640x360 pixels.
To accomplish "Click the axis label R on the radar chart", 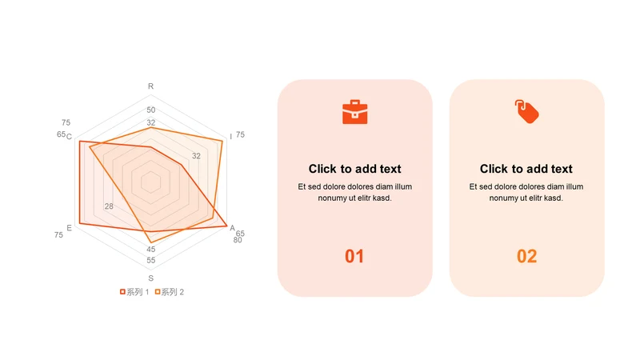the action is tap(150, 86).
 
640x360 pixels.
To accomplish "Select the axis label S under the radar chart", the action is tap(151, 278).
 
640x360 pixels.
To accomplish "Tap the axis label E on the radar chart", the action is tap(69, 228).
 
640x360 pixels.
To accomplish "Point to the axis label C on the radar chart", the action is tap(69, 136).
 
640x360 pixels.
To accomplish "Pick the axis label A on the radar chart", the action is tap(232, 228).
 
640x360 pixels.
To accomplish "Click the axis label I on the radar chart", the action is tap(230, 136).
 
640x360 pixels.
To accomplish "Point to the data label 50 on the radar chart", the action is tap(151, 110).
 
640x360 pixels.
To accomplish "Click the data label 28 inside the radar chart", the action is tap(109, 206).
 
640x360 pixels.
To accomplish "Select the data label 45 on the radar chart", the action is tap(151, 249).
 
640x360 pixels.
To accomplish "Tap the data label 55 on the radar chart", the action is tap(151, 260).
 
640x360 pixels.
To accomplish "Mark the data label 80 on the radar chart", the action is tap(238, 240).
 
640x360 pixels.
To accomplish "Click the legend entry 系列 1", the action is tap(134, 292).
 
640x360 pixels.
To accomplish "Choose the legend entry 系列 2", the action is tap(170, 292).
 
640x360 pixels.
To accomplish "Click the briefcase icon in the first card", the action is tap(354, 112).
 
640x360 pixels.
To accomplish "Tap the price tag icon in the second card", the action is tap(526, 111).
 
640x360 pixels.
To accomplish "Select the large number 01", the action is tap(354, 256).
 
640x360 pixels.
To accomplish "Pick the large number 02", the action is tap(526, 256).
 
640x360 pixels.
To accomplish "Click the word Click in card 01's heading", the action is tap(323, 169).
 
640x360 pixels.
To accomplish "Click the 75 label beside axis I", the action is tap(241, 134).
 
